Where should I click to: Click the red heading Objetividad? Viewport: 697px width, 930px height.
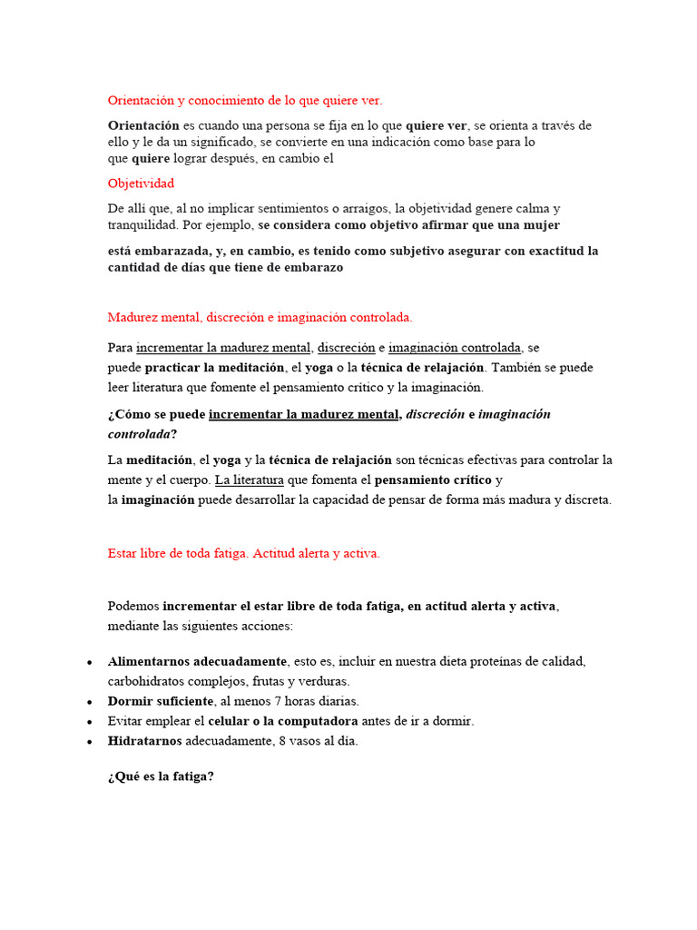[141, 183]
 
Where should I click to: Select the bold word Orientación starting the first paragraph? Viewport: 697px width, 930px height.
[143, 125]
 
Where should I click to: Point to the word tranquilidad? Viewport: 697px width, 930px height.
[144, 225]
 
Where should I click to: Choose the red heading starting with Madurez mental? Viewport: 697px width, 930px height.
[260, 317]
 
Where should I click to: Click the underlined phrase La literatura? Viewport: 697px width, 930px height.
[250, 480]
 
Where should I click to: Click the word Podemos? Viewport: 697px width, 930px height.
[133, 606]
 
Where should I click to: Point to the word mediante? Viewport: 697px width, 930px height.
[132, 627]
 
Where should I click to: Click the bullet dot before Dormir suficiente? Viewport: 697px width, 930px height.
[90, 702]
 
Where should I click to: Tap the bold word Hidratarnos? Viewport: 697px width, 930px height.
[144, 741]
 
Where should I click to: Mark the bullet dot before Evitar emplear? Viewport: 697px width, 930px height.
[90, 722]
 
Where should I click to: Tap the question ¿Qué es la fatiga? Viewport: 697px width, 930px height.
[161, 777]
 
